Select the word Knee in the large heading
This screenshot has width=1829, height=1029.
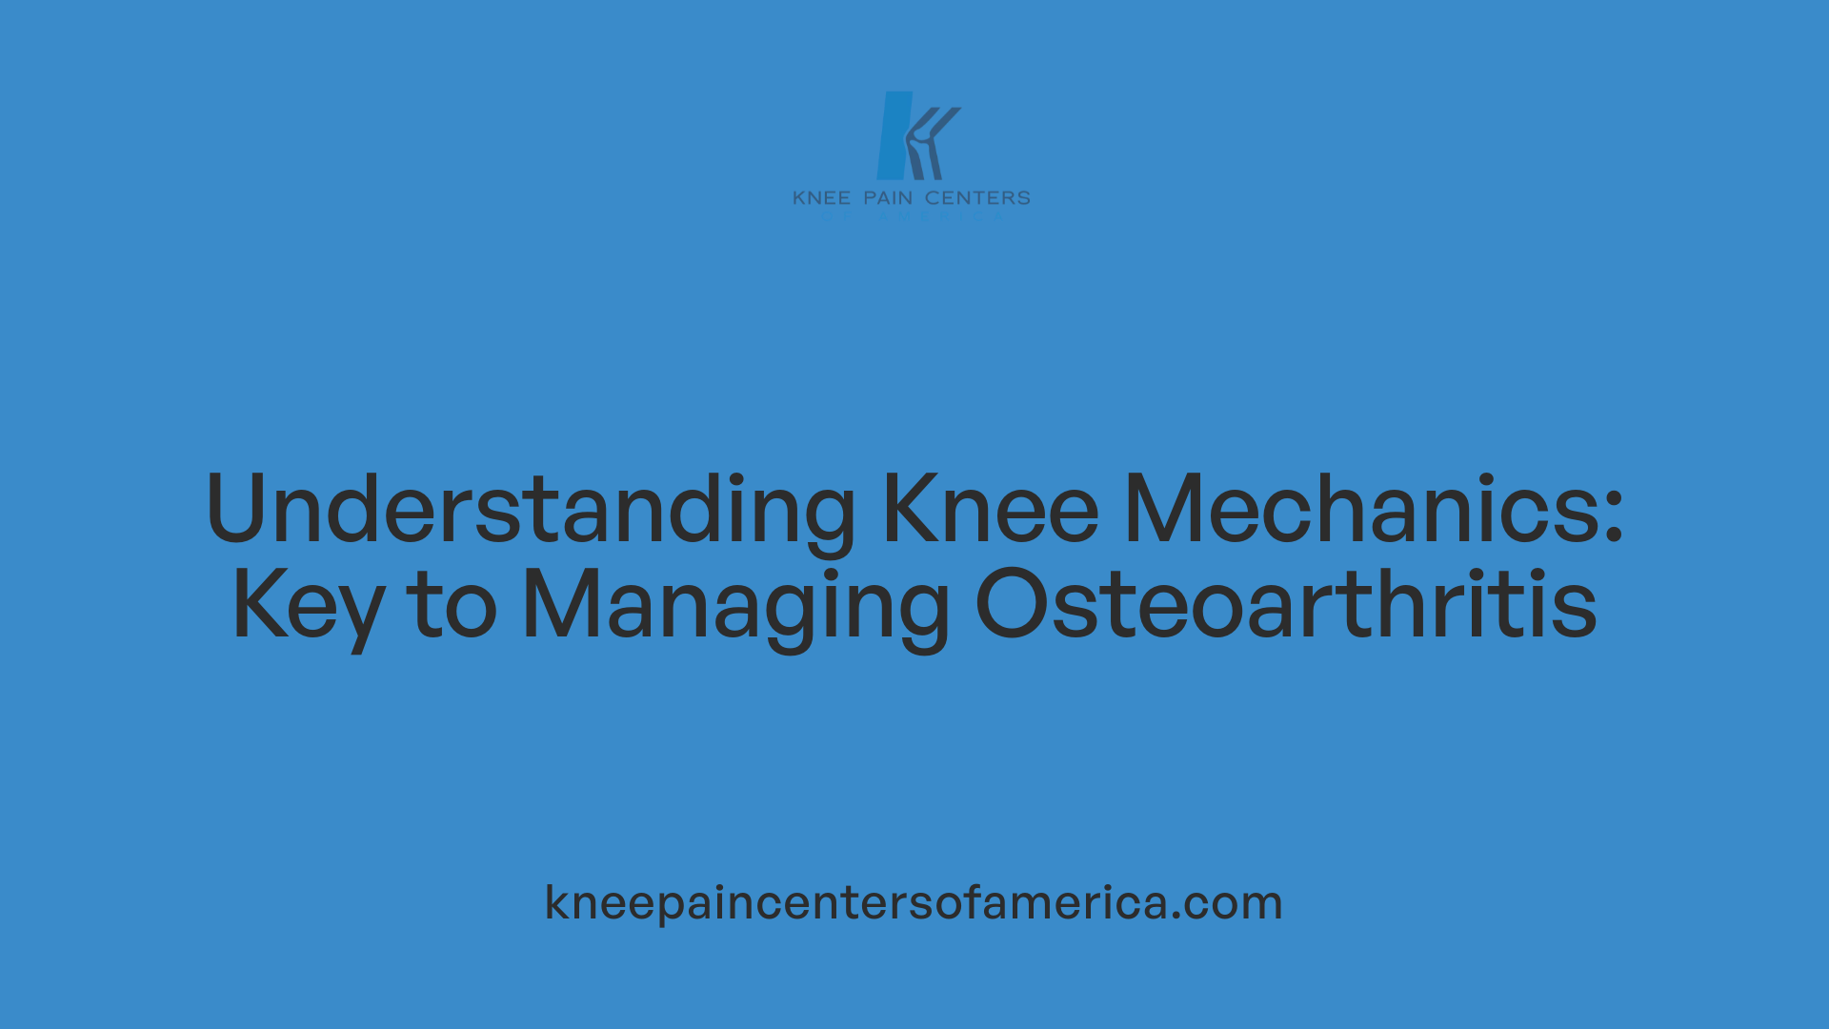[x=991, y=510]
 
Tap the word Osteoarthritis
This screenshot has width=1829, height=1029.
[x=1286, y=605]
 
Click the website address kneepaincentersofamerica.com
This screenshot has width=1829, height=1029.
[x=914, y=902]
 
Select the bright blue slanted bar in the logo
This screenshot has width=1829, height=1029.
[x=894, y=135]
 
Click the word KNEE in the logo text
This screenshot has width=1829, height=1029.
[x=821, y=198]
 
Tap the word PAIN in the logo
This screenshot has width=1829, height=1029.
[x=888, y=198]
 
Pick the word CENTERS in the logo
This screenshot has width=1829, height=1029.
[x=977, y=198]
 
